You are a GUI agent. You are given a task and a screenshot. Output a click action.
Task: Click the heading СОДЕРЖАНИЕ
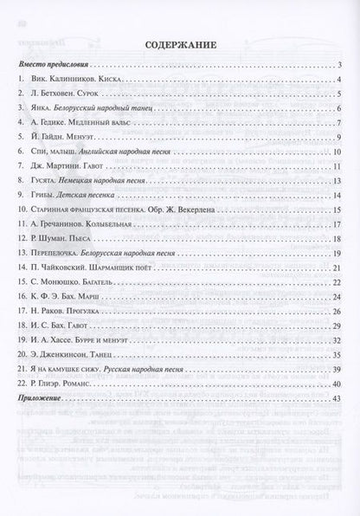(180, 47)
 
